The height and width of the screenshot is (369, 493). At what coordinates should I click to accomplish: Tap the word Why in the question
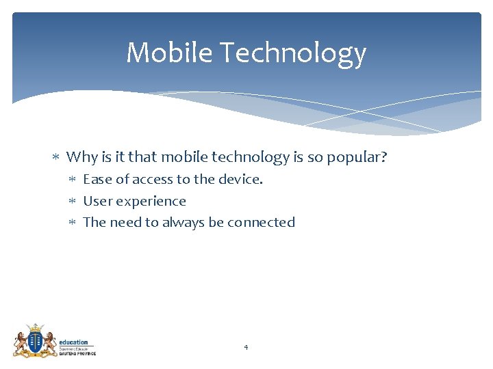click(82, 157)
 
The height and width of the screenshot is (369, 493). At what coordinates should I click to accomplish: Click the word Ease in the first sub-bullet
click(97, 180)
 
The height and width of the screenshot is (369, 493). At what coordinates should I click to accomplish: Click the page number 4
click(246, 348)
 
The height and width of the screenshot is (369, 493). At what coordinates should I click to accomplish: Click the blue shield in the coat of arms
click(34, 340)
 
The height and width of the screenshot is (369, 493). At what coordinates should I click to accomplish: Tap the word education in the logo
click(73, 342)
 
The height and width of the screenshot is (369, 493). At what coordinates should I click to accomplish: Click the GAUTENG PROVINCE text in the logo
click(77, 353)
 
